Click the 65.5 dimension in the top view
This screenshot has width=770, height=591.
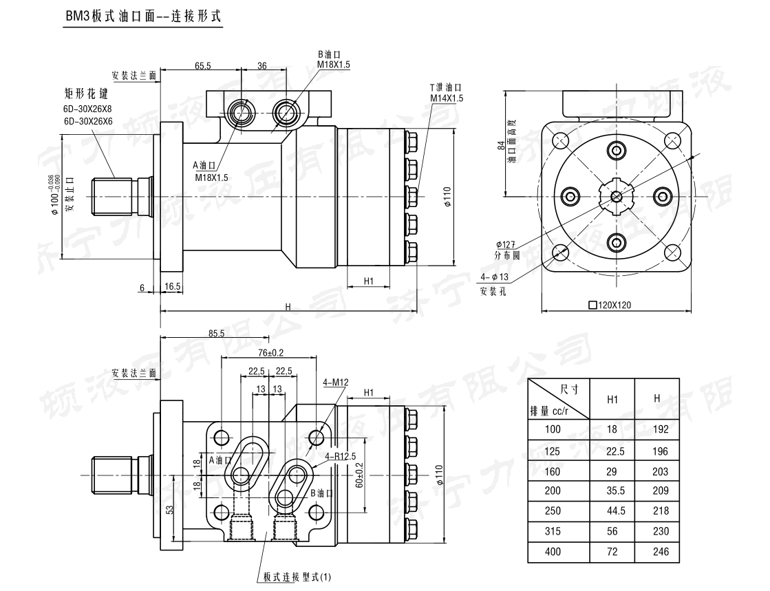(202, 66)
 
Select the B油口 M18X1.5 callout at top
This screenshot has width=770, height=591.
(333, 60)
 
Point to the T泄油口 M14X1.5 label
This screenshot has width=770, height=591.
(447, 93)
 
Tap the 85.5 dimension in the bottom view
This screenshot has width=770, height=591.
(216, 333)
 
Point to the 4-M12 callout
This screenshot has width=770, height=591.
(336, 383)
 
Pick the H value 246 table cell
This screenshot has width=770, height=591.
(656, 552)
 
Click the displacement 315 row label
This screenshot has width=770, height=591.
(552, 531)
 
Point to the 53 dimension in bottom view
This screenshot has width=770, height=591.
(170, 510)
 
